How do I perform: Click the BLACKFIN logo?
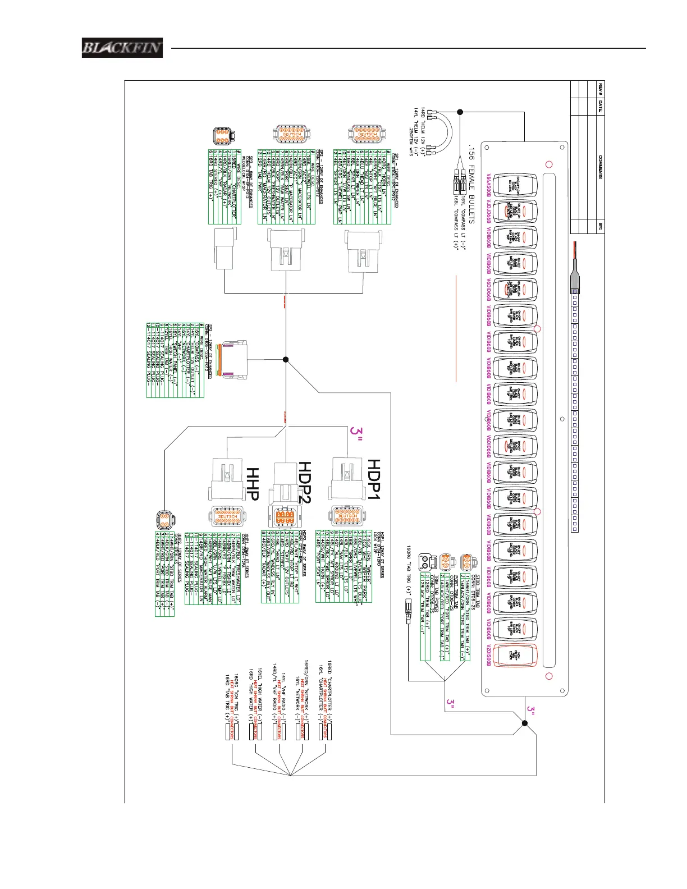point(122,48)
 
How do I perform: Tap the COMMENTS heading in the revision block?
point(600,167)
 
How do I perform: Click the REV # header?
point(600,88)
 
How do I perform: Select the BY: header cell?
point(600,227)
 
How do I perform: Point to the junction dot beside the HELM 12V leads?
point(460,112)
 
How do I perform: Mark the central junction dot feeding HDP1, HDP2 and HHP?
point(285,360)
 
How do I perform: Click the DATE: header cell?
point(600,106)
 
